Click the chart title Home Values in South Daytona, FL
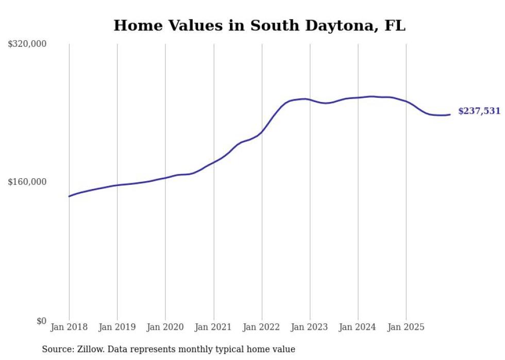[x=259, y=25]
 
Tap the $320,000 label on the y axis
[x=27, y=44]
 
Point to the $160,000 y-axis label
[x=27, y=182]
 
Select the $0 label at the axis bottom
[x=41, y=321]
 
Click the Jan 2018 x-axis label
[x=69, y=327]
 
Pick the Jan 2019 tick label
[x=117, y=327]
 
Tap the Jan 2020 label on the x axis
[x=165, y=327]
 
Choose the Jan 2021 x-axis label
[x=213, y=327]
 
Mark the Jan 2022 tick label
[x=262, y=327]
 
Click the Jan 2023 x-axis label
[x=310, y=327]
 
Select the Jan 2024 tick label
[x=358, y=327]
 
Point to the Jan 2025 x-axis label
[x=406, y=327]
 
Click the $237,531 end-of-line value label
[x=479, y=111]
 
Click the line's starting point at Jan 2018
[x=69, y=196]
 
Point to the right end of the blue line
[x=450, y=114]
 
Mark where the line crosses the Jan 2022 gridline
[x=262, y=132]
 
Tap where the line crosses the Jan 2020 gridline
[x=165, y=178]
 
